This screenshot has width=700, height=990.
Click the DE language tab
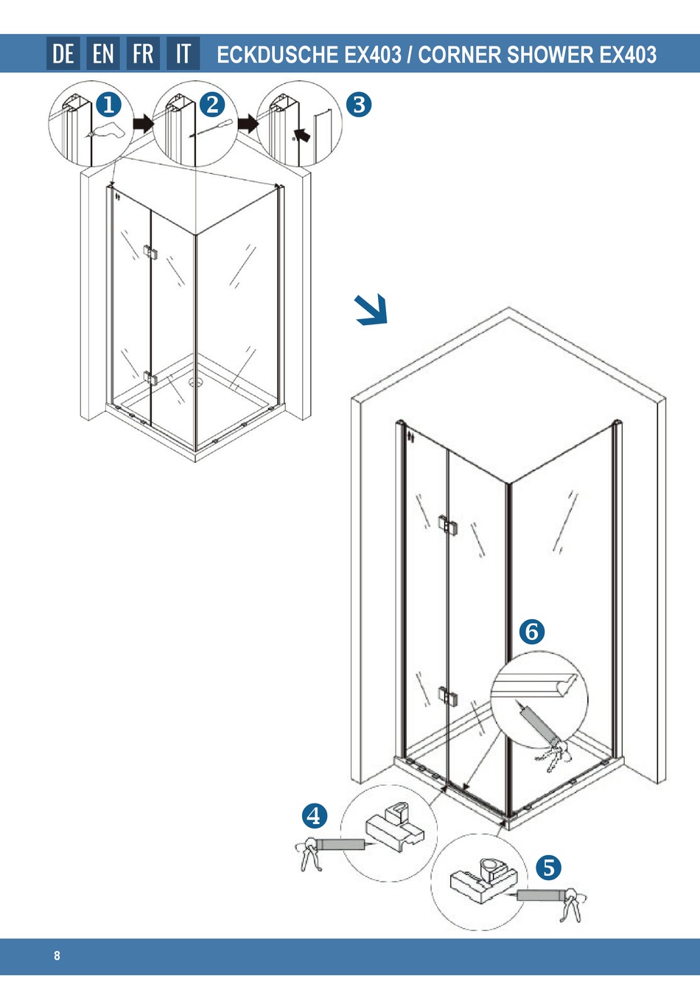coord(63,54)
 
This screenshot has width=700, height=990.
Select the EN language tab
coord(103,54)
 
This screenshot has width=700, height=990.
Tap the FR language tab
coord(143,54)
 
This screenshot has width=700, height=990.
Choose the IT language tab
coord(183,54)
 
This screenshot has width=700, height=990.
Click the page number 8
coord(57,956)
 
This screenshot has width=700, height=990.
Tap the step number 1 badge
coord(108,105)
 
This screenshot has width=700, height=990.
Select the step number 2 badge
coord(212,105)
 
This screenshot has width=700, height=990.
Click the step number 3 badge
coord(359,105)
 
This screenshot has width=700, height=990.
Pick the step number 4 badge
coord(315,816)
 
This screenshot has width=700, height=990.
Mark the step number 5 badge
coord(548,868)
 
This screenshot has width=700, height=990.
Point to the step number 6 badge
coord(532,631)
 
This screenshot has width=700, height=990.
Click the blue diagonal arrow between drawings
coord(371,310)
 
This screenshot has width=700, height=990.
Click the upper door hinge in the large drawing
coord(447,525)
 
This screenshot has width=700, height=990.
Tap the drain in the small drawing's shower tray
coord(196,382)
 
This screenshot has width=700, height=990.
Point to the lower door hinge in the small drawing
coord(150,379)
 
